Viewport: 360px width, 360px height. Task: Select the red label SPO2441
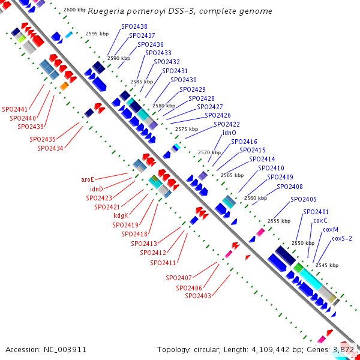[15, 109]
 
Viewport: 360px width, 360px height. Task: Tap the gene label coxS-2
[342, 238]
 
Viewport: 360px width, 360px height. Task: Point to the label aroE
[88, 179]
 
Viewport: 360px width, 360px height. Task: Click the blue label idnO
[229, 133]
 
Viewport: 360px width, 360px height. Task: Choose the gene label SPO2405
[304, 199]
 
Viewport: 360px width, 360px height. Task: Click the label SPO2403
[198, 296]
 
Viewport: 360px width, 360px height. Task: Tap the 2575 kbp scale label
[186, 129]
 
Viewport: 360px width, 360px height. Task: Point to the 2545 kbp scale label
[326, 265]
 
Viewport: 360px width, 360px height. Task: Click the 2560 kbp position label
[255, 198]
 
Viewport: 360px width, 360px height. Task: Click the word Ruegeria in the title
[104, 11]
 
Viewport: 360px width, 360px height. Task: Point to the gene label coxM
[331, 229]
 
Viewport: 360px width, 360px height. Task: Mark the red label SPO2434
[50, 148]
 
